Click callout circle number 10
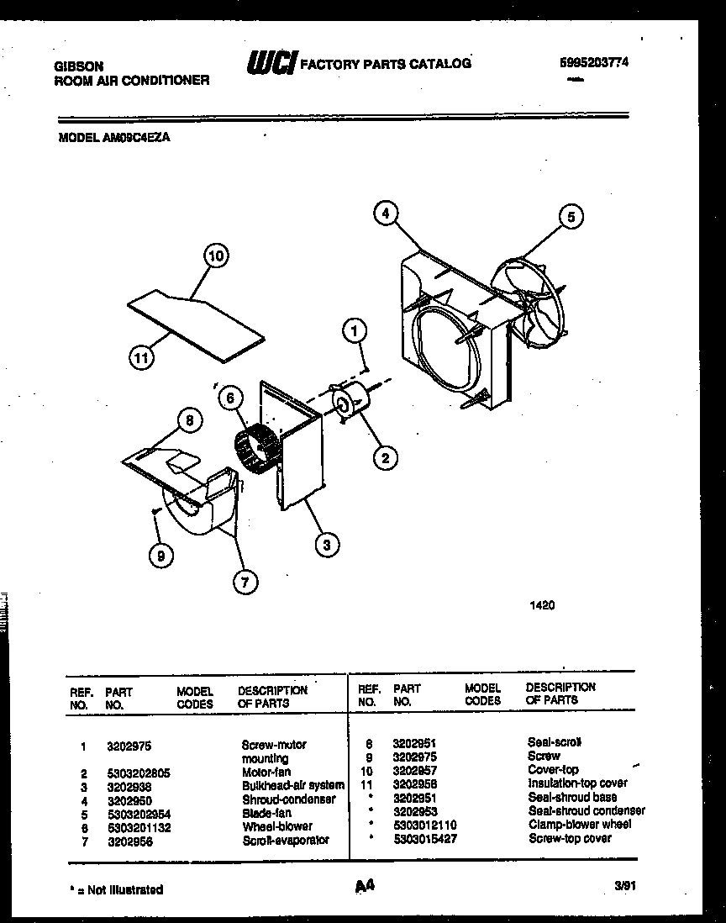(x=216, y=256)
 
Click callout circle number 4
(x=385, y=214)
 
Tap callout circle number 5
(x=571, y=217)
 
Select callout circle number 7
(x=245, y=581)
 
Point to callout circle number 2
(x=385, y=457)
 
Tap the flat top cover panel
(x=194, y=324)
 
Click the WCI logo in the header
(x=271, y=63)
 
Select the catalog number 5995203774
(x=594, y=62)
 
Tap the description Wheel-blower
(x=276, y=826)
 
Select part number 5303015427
(x=424, y=839)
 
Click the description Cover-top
(x=552, y=769)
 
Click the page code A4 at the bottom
(x=363, y=885)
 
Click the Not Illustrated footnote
(x=116, y=889)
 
